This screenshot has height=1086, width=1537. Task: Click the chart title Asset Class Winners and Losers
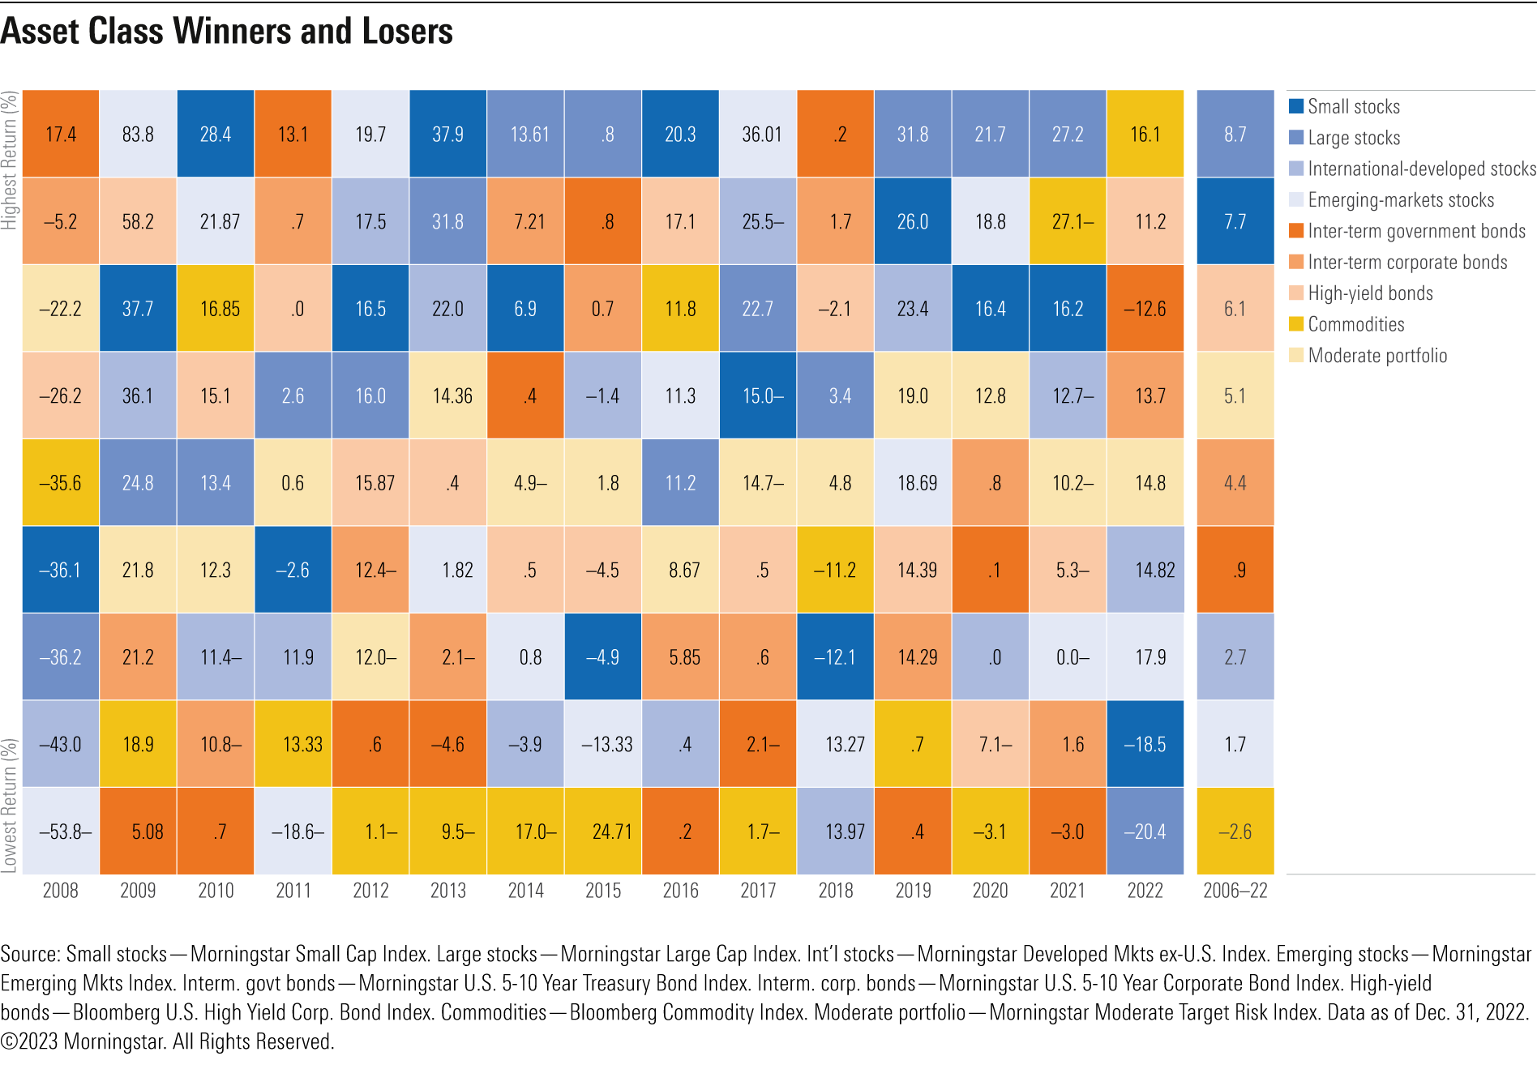[227, 32]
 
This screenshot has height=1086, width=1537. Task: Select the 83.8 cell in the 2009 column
[138, 134]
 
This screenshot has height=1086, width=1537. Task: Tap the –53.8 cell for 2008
[62, 832]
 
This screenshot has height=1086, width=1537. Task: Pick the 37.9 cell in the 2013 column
[447, 134]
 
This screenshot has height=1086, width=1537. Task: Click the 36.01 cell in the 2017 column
[758, 134]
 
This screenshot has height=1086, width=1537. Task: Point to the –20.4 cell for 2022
[1145, 832]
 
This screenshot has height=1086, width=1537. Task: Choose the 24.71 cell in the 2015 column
[603, 832]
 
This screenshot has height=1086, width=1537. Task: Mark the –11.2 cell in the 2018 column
[835, 570]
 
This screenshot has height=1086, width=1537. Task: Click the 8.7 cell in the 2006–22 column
[1235, 134]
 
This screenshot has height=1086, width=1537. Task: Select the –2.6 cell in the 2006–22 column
[1235, 832]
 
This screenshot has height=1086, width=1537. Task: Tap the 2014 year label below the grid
[525, 891]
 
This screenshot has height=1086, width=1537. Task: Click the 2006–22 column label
[1235, 891]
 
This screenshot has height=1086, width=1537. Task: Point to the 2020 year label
[990, 891]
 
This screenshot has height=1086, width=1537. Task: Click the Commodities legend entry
[1355, 324]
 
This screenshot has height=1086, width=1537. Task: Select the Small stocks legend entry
[1353, 106]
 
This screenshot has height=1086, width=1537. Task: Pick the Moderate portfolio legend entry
[1376, 355]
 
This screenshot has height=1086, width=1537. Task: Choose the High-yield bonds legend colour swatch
[1296, 293]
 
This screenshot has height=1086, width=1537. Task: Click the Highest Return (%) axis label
[9, 160]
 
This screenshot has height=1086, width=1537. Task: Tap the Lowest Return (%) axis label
[9, 805]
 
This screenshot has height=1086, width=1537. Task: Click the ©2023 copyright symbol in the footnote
[9, 1041]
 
